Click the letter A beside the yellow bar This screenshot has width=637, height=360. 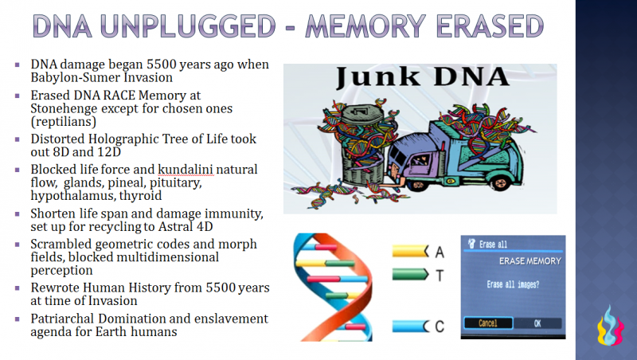click(440, 252)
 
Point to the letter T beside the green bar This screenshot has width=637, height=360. click(440, 275)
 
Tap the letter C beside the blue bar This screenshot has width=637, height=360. click(440, 326)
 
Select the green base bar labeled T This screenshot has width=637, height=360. click(411, 275)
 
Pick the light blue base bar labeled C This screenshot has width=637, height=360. click(411, 326)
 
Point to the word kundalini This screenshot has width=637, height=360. click(178, 170)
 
